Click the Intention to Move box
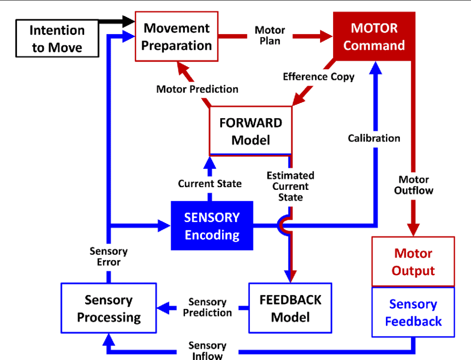point(57,39)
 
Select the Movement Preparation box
point(177,36)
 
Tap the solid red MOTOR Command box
point(374,36)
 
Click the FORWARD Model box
point(251,131)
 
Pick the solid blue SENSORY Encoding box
point(212,225)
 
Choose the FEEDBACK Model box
point(290,308)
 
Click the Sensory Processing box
point(109,308)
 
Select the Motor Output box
point(414,262)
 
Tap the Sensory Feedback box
point(414,312)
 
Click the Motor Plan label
point(270,35)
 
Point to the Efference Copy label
point(319,77)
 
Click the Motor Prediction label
point(197,89)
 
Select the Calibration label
point(374,138)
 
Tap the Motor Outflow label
point(414,185)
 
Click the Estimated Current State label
point(291,186)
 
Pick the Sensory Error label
point(109,257)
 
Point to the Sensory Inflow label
point(207,351)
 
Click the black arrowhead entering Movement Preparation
point(129,21)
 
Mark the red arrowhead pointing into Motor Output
point(414,230)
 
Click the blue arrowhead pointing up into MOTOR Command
point(375,68)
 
